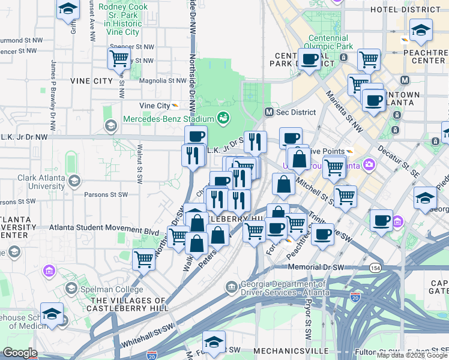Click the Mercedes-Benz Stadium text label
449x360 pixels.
[x=169, y=118]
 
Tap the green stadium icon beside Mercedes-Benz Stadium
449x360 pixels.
[x=223, y=117]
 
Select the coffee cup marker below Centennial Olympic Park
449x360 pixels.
[x=309, y=59]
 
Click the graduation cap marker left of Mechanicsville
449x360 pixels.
[x=214, y=341]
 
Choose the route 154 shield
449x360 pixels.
[x=375, y=267]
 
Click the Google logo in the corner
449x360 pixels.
[x=20, y=353]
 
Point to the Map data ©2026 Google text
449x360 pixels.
[x=412, y=355]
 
